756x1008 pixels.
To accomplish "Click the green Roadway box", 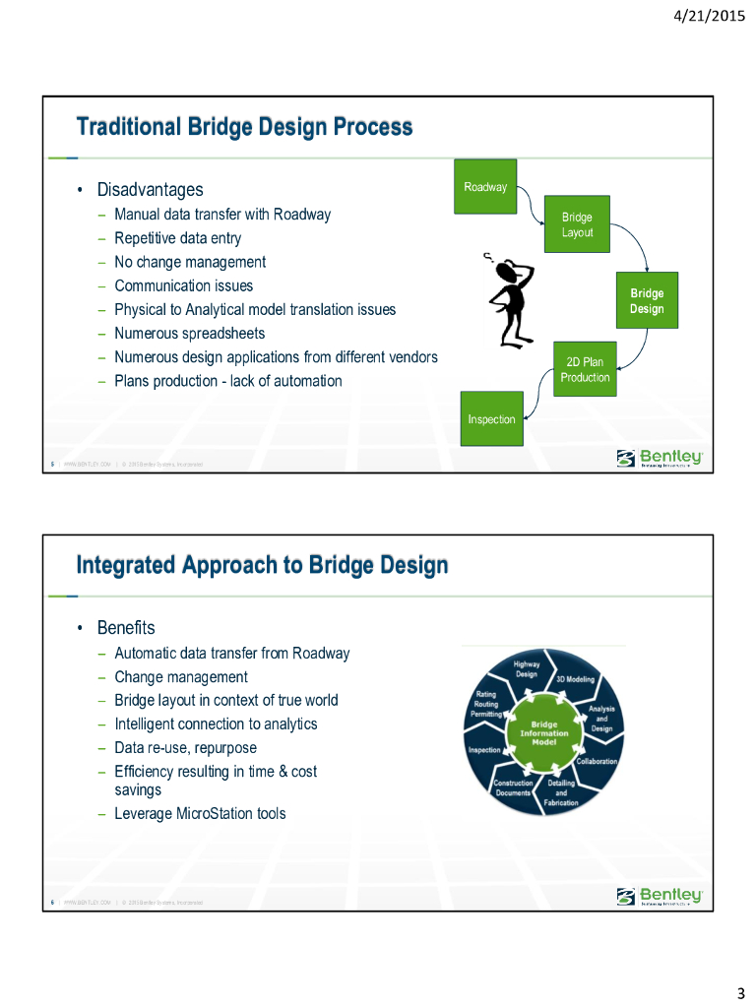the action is click(x=484, y=187).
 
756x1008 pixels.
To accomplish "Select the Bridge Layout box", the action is click(x=577, y=224).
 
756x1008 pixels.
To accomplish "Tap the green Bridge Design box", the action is click(x=647, y=301).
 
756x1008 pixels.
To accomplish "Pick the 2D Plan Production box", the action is click(x=585, y=369).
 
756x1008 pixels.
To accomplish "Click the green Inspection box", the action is click(x=491, y=419).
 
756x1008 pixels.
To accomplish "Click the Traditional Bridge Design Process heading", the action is click(x=245, y=127).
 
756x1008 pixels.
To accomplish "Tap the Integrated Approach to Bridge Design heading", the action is click(x=263, y=565).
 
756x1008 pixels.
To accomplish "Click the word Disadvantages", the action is click(x=150, y=189).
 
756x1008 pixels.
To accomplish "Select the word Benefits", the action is click(x=126, y=627).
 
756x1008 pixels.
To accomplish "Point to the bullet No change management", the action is click(x=190, y=262).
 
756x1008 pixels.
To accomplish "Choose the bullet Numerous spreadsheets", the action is click(x=189, y=333).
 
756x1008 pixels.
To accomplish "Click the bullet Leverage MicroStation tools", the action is click(x=200, y=813).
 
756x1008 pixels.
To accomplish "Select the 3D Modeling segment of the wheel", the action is click(x=575, y=679).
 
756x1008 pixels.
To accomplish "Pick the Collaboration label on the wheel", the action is click(x=596, y=761).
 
